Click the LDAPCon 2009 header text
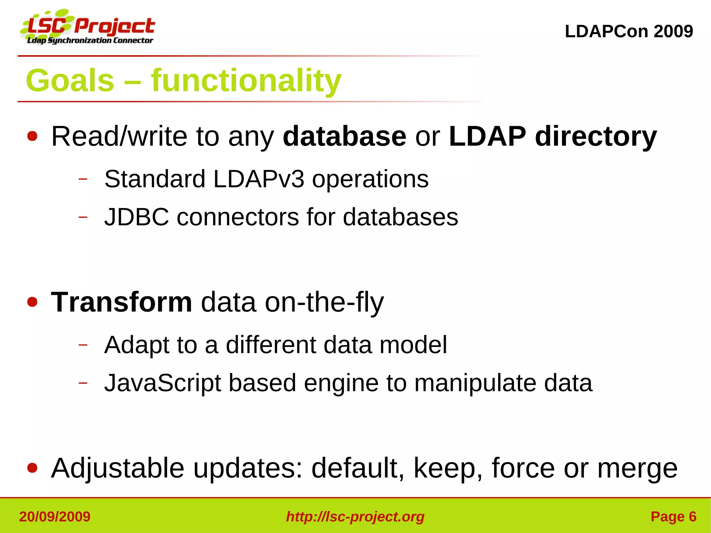[x=629, y=31]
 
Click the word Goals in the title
[x=70, y=81]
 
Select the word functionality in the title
[x=246, y=81]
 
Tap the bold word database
[x=344, y=136]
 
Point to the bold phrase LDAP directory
[x=552, y=136]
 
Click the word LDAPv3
[x=259, y=179]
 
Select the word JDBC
[x=136, y=217]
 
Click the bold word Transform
[x=122, y=302]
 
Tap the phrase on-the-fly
[x=324, y=302]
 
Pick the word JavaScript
[x=162, y=383]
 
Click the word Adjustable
[x=117, y=468]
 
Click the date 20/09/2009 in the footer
[x=55, y=517]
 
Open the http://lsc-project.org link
[x=355, y=517]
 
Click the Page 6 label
[x=673, y=517]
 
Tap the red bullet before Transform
[x=32, y=302]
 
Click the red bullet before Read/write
[x=32, y=136]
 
